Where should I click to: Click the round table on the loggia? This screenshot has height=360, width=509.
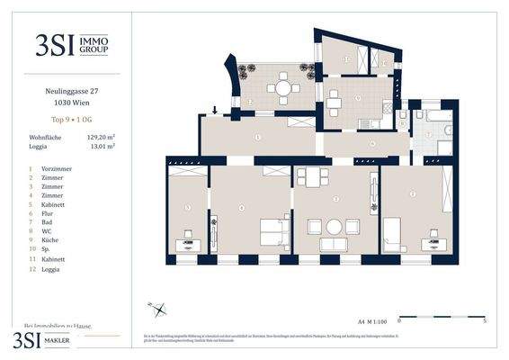283,88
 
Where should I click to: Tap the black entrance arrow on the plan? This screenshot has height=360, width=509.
215,111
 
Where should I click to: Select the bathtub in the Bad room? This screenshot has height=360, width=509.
441,114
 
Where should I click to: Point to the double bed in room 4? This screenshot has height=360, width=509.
271,232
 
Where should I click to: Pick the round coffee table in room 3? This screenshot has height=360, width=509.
334,227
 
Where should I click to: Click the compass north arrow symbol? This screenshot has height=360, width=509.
160,311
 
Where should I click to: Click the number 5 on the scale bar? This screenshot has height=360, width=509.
485,319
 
